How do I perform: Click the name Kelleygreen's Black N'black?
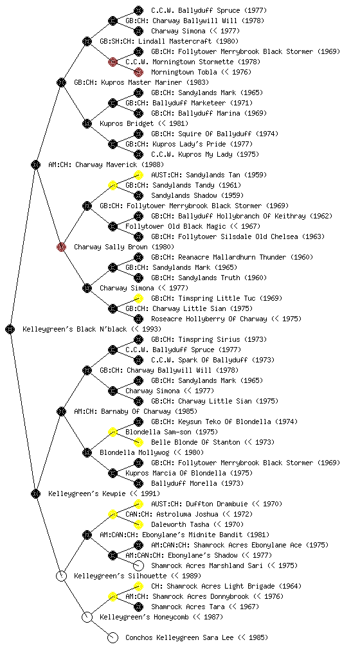pyautogui.click(x=75, y=329)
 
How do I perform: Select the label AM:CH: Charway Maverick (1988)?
pyautogui.click(x=106, y=164)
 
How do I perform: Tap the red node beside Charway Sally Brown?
pyautogui.click(x=61, y=247)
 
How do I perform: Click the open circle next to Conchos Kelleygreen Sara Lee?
pyautogui.click(x=113, y=637)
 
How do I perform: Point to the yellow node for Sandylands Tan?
pyautogui.click(x=138, y=175)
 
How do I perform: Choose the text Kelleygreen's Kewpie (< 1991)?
pyautogui.click(x=104, y=493)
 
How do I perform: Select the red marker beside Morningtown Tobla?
pyautogui.click(x=138, y=72)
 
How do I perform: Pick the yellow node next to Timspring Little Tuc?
pyautogui.click(x=138, y=298)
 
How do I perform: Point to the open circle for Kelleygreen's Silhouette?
pyautogui.click(x=61, y=576)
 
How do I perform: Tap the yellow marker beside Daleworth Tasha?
pyautogui.click(x=138, y=524)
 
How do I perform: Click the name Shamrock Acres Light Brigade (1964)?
pyautogui.click(x=226, y=586)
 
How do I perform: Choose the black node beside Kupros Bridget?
pyautogui.click(x=87, y=123)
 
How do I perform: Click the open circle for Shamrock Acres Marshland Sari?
pyautogui.click(x=138, y=565)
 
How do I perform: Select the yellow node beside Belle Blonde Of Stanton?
pyautogui.click(x=138, y=442)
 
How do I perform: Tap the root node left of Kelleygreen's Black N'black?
pyautogui.click(x=10, y=329)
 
